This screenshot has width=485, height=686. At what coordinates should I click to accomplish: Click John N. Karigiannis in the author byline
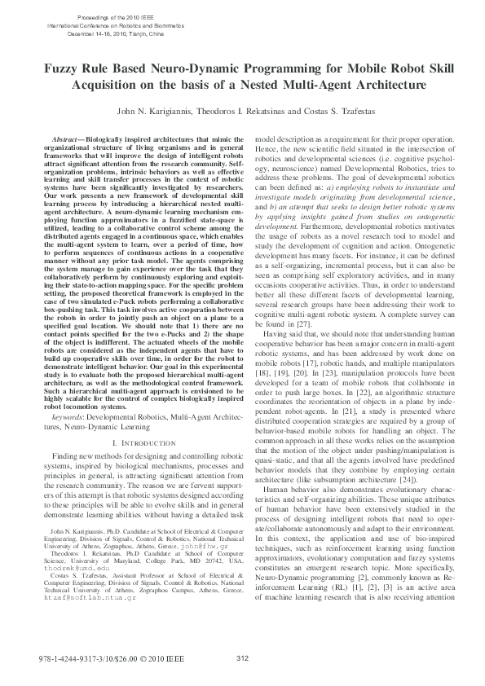coord(152,111)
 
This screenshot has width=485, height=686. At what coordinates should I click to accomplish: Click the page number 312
coord(242,659)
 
